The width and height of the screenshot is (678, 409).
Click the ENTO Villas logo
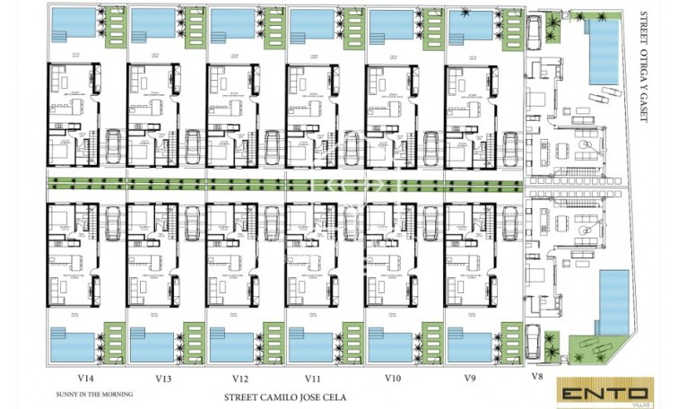(x=604, y=392)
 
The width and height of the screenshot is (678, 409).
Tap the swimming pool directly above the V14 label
(x=74, y=344)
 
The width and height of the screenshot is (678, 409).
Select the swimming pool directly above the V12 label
(x=231, y=344)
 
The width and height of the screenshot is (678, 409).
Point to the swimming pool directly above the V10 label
(x=389, y=344)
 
